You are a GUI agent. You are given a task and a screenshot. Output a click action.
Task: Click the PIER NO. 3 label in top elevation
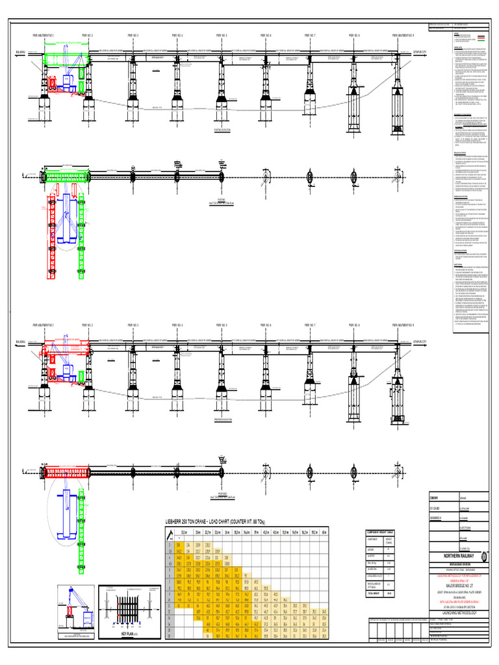(x=133, y=35)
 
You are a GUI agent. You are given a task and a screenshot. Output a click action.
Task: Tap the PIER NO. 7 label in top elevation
(x=310, y=35)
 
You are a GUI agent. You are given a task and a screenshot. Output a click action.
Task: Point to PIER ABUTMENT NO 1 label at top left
(x=44, y=35)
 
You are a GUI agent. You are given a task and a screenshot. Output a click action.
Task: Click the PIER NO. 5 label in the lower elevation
(x=221, y=325)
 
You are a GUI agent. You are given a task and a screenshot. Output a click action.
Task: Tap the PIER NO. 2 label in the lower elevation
(x=87, y=325)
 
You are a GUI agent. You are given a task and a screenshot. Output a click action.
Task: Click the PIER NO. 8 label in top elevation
(x=354, y=35)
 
